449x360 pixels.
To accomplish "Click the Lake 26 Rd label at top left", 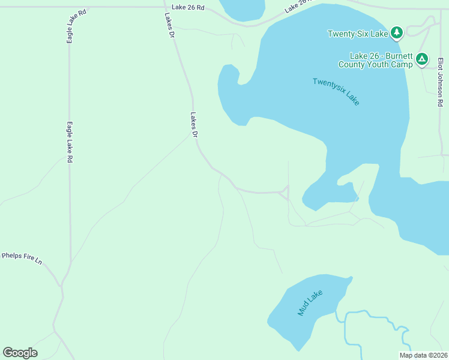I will (x=188, y=7).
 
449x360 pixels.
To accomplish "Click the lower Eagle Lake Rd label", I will (x=70, y=142).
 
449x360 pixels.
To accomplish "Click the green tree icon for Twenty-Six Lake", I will (x=396, y=32).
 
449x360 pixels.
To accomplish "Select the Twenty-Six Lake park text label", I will (x=358, y=34).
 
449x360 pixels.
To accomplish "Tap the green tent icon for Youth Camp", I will (x=422, y=59).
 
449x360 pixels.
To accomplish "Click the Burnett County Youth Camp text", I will (x=375, y=60).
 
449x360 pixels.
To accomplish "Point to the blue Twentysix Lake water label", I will (x=336, y=92).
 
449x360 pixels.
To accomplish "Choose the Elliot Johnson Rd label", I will (x=440, y=82).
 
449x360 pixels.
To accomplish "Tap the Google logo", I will (x=20, y=353).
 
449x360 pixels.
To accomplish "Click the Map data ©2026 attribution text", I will (x=423, y=355).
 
